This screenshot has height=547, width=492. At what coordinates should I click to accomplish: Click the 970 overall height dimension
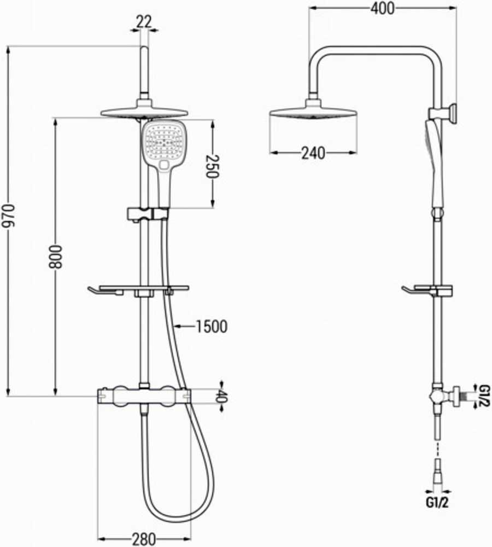tap(8, 216)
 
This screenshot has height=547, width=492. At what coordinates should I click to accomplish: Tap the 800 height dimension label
tap(55, 257)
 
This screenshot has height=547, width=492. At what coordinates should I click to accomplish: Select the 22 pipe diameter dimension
tap(144, 22)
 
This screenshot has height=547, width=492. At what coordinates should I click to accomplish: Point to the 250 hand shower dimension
tap(212, 166)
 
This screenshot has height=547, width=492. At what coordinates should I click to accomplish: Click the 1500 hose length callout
tap(212, 327)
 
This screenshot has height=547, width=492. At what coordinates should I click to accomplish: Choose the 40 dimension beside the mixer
tap(221, 396)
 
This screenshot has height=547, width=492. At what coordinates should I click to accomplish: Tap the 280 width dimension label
tap(144, 539)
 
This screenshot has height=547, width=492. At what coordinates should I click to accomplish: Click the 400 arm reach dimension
tap(383, 8)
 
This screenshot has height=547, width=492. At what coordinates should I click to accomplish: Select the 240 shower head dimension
tap(313, 153)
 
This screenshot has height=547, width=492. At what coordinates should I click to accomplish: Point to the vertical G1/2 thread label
tap(485, 395)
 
